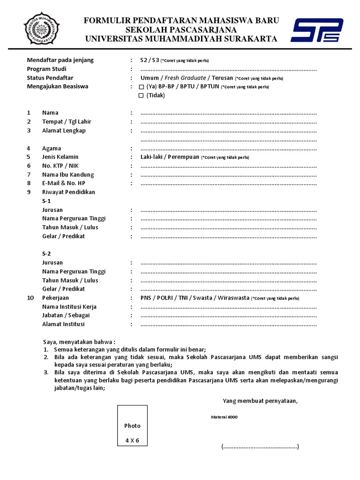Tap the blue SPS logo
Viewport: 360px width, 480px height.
[x=317, y=30]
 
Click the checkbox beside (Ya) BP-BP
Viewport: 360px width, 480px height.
[x=142, y=87]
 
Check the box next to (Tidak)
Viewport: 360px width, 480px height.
[x=142, y=96]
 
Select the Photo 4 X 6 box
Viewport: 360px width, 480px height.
[x=132, y=426]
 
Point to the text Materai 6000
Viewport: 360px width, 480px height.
[x=224, y=417]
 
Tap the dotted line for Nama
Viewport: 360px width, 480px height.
[x=229, y=113]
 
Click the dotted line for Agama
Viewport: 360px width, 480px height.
[x=229, y=149]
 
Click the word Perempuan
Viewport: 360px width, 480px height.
[x=183, y=157]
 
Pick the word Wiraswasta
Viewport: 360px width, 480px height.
[x=232, y=298]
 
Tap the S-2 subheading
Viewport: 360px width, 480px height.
[x=46, y=254]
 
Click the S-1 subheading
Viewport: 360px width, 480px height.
[x=46, y=201]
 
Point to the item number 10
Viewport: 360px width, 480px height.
[x=30, y=298]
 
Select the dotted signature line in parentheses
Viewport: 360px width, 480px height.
[x=260, y=447]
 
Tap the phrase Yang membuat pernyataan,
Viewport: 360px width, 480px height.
[x=260, y=401]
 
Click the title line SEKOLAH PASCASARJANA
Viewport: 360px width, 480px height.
[x=181, y=30]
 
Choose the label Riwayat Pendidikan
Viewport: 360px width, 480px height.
[x=68, y=192]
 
